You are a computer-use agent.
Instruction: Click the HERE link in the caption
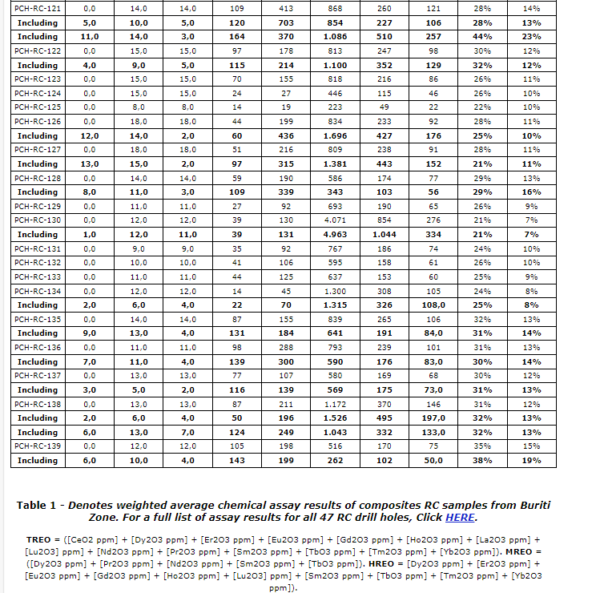click(461, 518)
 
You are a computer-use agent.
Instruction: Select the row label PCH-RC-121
click(38, 8)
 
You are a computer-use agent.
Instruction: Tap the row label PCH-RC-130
click(38, 220)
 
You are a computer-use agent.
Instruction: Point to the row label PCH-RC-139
click(38, 446)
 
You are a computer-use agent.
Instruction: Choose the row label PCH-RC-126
click(38, 121)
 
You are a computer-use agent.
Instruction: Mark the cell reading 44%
click(482, 37)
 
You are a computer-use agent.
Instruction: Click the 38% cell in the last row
click(482, 461)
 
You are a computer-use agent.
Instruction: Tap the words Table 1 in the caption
click(39, 505)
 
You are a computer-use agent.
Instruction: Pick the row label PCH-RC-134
click(38, 291)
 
